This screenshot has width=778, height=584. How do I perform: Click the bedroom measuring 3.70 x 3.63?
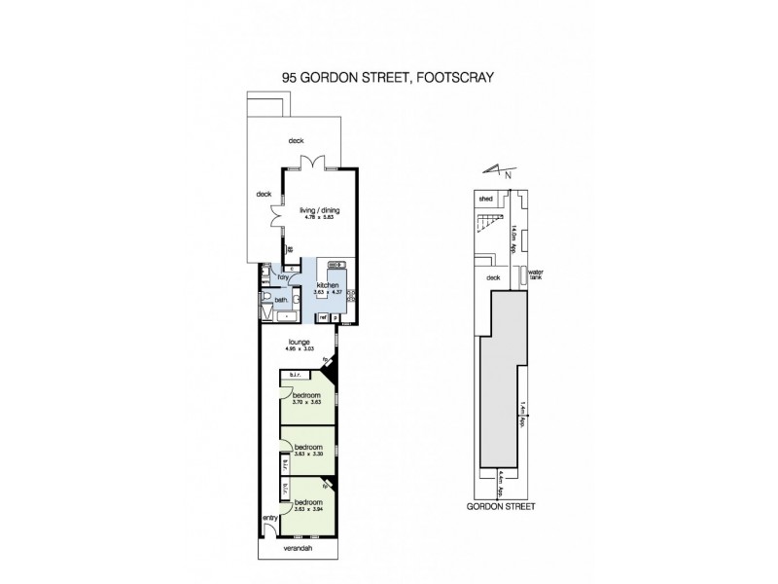[306, 396]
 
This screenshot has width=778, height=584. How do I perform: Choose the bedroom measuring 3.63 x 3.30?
[307, 448]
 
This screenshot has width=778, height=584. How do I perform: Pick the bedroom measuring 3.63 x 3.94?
[307, 504]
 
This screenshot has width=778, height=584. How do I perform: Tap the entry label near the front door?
[269, 518]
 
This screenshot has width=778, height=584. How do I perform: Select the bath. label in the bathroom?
[280, 300]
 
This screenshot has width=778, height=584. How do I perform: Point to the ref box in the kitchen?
[322, 317]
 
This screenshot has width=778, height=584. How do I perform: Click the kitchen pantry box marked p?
[336, 317]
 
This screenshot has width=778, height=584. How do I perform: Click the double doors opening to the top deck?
[310, 163]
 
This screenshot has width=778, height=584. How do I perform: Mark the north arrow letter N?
[509, 175]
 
